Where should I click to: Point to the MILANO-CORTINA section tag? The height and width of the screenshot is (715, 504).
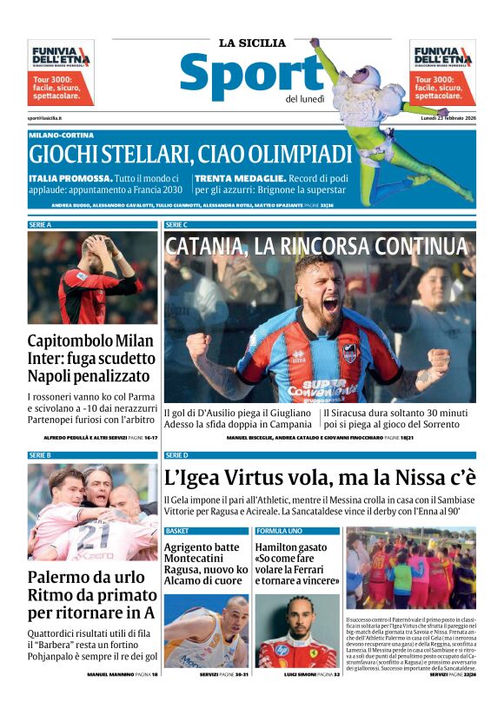coord(61,135)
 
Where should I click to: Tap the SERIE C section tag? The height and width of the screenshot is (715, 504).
coord(176,224)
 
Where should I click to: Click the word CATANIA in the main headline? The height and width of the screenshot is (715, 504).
coord(205,246)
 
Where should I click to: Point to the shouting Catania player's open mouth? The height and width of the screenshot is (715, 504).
coord(330,303)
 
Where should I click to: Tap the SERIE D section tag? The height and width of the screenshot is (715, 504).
coord(176,454)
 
